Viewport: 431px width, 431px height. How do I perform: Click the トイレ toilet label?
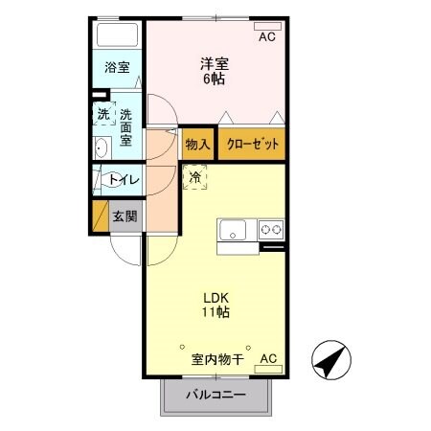tap(122, 179)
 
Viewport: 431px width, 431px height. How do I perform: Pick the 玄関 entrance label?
tap(125, 216)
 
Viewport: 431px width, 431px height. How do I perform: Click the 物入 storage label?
tap(196, 144)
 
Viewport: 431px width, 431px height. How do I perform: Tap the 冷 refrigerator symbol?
tap(195, 176)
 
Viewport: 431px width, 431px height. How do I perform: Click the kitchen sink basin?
tap(234, 230)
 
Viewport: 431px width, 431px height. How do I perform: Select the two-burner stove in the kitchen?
tap(270, 230)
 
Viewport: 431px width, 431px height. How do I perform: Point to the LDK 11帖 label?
tap(214, 305)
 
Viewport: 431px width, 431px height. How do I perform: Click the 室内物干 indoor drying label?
tap(216, 360)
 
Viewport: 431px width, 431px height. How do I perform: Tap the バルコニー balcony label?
tap(215, 395)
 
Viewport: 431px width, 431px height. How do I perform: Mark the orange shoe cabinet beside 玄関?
tap(99, 216)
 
